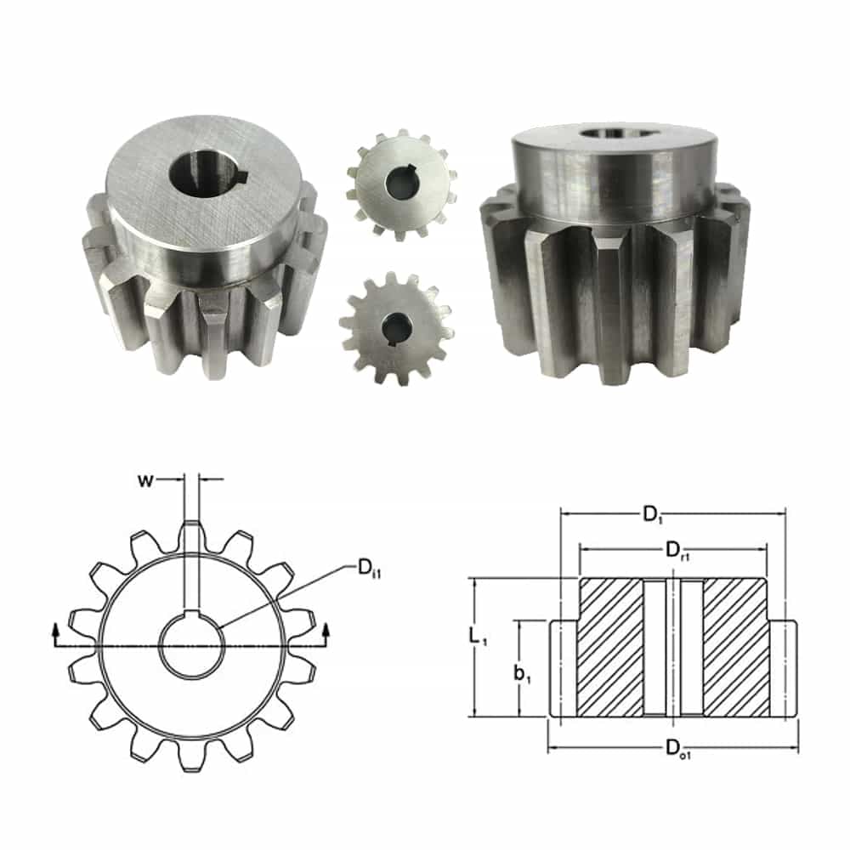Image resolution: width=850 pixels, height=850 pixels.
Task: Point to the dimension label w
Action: coord(145,479)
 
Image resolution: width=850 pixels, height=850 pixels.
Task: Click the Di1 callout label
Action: coord(369,569)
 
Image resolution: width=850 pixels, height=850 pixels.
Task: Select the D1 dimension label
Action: coord(653,514)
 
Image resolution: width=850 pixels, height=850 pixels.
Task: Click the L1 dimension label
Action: coord(478,637)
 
